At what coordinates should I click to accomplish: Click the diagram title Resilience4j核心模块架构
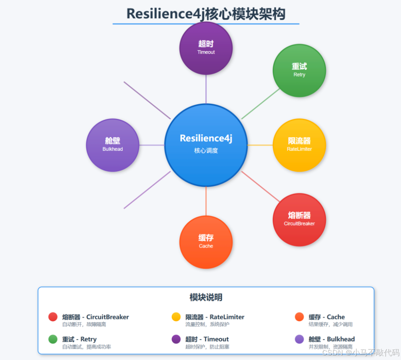206,14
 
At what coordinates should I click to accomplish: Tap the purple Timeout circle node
206,48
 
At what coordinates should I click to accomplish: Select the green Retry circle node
299,70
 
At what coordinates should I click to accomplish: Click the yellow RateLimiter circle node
299,145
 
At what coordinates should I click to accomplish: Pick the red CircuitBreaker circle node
299,219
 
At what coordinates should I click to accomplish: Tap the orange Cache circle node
206,242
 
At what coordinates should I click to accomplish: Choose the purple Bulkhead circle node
112,145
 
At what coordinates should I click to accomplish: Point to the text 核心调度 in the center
206,151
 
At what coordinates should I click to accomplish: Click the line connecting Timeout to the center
206,89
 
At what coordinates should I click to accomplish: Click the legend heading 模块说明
206,298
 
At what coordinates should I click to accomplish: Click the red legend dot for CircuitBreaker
53,317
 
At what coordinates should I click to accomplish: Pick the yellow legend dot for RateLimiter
176,317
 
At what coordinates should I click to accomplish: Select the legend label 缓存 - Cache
326,317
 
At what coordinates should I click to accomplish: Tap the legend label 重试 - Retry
79,339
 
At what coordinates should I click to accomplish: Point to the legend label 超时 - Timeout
207,339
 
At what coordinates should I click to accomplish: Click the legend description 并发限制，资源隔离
330,347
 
